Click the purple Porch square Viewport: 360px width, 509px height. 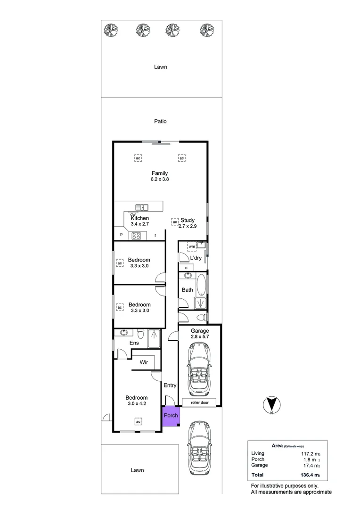tap(171, 416)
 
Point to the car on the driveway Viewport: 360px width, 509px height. tap(200, 448)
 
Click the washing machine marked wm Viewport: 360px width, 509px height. tap(192, 246)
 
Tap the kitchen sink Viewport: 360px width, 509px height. tap(141, 206)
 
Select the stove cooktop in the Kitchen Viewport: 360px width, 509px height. tap(137, 236)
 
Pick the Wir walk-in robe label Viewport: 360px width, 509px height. tap(144, 362)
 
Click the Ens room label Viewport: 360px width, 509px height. tap(134, 343)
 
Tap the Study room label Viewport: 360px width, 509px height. tap(188, 220)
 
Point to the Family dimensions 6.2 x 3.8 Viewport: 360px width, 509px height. tap(159, 180)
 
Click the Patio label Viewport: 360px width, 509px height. tap(160, 121)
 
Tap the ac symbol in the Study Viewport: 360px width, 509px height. tap(175, 222)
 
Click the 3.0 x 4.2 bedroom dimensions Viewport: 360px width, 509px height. tap(137, 404)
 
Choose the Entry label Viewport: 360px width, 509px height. tap(170, 386)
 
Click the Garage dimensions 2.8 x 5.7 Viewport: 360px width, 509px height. tap(200, 337)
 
